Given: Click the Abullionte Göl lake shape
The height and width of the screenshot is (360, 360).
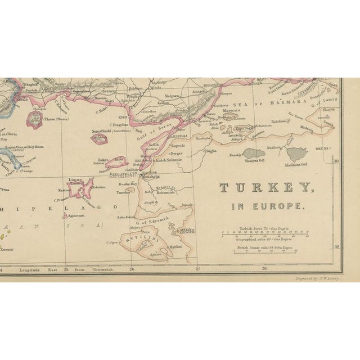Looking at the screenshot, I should [297, 151].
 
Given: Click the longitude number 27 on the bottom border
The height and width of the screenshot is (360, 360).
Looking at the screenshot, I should [197, 269].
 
